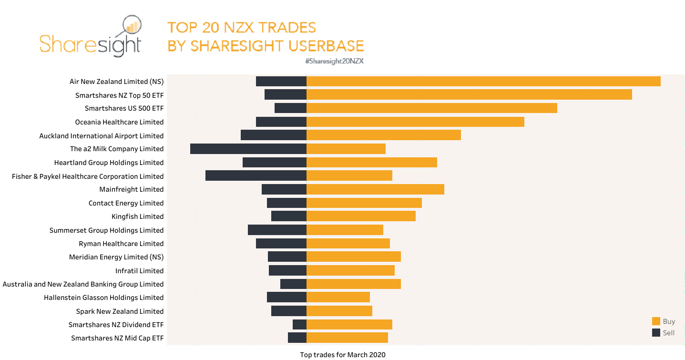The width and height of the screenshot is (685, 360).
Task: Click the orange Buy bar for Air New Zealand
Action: coord(483,82)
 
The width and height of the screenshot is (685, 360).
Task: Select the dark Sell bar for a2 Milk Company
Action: coord(248,149)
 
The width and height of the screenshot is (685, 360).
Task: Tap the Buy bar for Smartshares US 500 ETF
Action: coord(431,108)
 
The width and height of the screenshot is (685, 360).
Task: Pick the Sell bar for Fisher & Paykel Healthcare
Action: coord(256,176)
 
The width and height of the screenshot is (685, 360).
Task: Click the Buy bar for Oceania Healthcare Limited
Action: coord(415,122)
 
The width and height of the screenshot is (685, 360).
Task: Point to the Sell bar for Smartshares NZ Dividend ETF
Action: coord(299,325)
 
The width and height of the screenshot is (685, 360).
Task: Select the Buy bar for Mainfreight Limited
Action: coord(375,189)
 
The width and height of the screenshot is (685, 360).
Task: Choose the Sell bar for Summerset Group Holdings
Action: coord(277,230)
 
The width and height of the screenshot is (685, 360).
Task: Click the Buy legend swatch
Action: coord(656,321)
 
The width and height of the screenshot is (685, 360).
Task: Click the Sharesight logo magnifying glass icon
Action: coord(132,28)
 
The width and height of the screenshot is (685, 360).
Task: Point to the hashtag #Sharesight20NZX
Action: coord(334,61)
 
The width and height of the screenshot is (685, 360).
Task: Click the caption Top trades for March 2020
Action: coord(342,355)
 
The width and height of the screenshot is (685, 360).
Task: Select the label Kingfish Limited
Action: coord(137,216)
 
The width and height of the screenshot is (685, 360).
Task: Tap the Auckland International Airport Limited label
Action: coord(102,136)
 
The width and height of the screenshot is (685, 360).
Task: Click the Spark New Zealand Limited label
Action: coord(120,311)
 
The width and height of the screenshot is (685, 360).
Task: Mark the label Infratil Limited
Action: coord(139,271)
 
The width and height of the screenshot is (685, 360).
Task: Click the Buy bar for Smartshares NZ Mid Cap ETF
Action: coord(347,338)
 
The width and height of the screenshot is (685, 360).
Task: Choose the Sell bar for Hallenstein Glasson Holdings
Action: coord(286,298)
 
